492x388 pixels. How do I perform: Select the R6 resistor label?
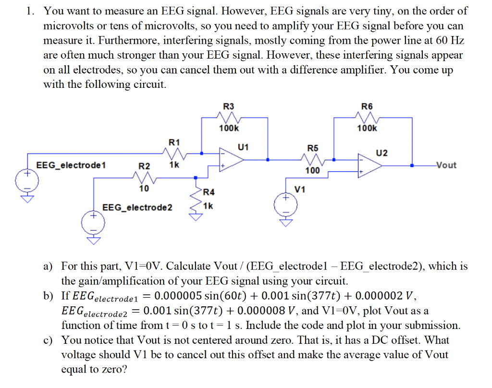click(367, 106)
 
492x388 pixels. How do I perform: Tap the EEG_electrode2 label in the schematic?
click(137, 207)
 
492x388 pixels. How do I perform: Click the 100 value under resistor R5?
click(312, 170)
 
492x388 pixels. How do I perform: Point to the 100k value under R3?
click(229, 128)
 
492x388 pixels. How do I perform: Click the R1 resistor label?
click(174, 142)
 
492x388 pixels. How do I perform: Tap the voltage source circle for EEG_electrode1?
click(27, 181)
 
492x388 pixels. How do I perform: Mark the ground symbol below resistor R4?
click(196, 217)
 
